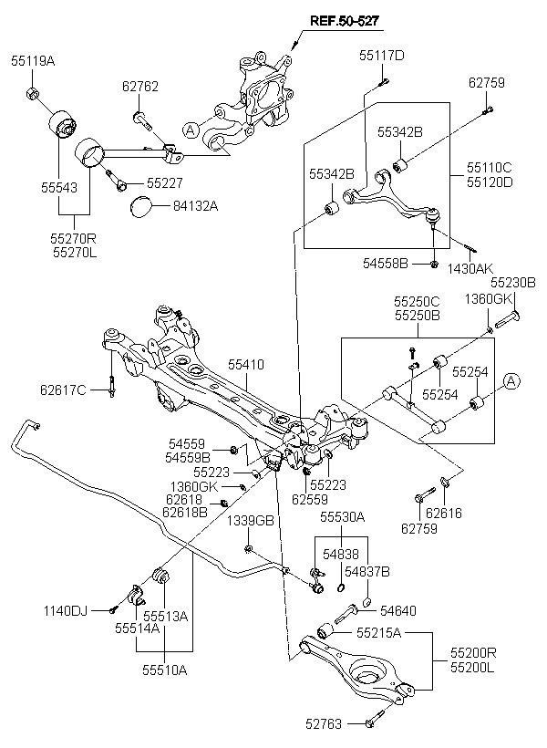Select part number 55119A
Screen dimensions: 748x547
click(x=33, y=61)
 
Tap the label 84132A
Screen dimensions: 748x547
click(x=195, y=205)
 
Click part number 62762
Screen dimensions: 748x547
click(x=140, y=87)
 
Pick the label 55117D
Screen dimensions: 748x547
click(x=381, y=56)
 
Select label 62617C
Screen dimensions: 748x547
click(x=62, y=390)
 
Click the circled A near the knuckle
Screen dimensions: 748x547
click(x=190, y=130)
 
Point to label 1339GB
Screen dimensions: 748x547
click(x=250, y=521)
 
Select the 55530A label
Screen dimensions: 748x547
click(x=341, y=517)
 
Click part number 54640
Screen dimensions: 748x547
click(x=397, y=610)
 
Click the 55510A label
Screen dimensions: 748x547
click(x=164, y=670)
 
